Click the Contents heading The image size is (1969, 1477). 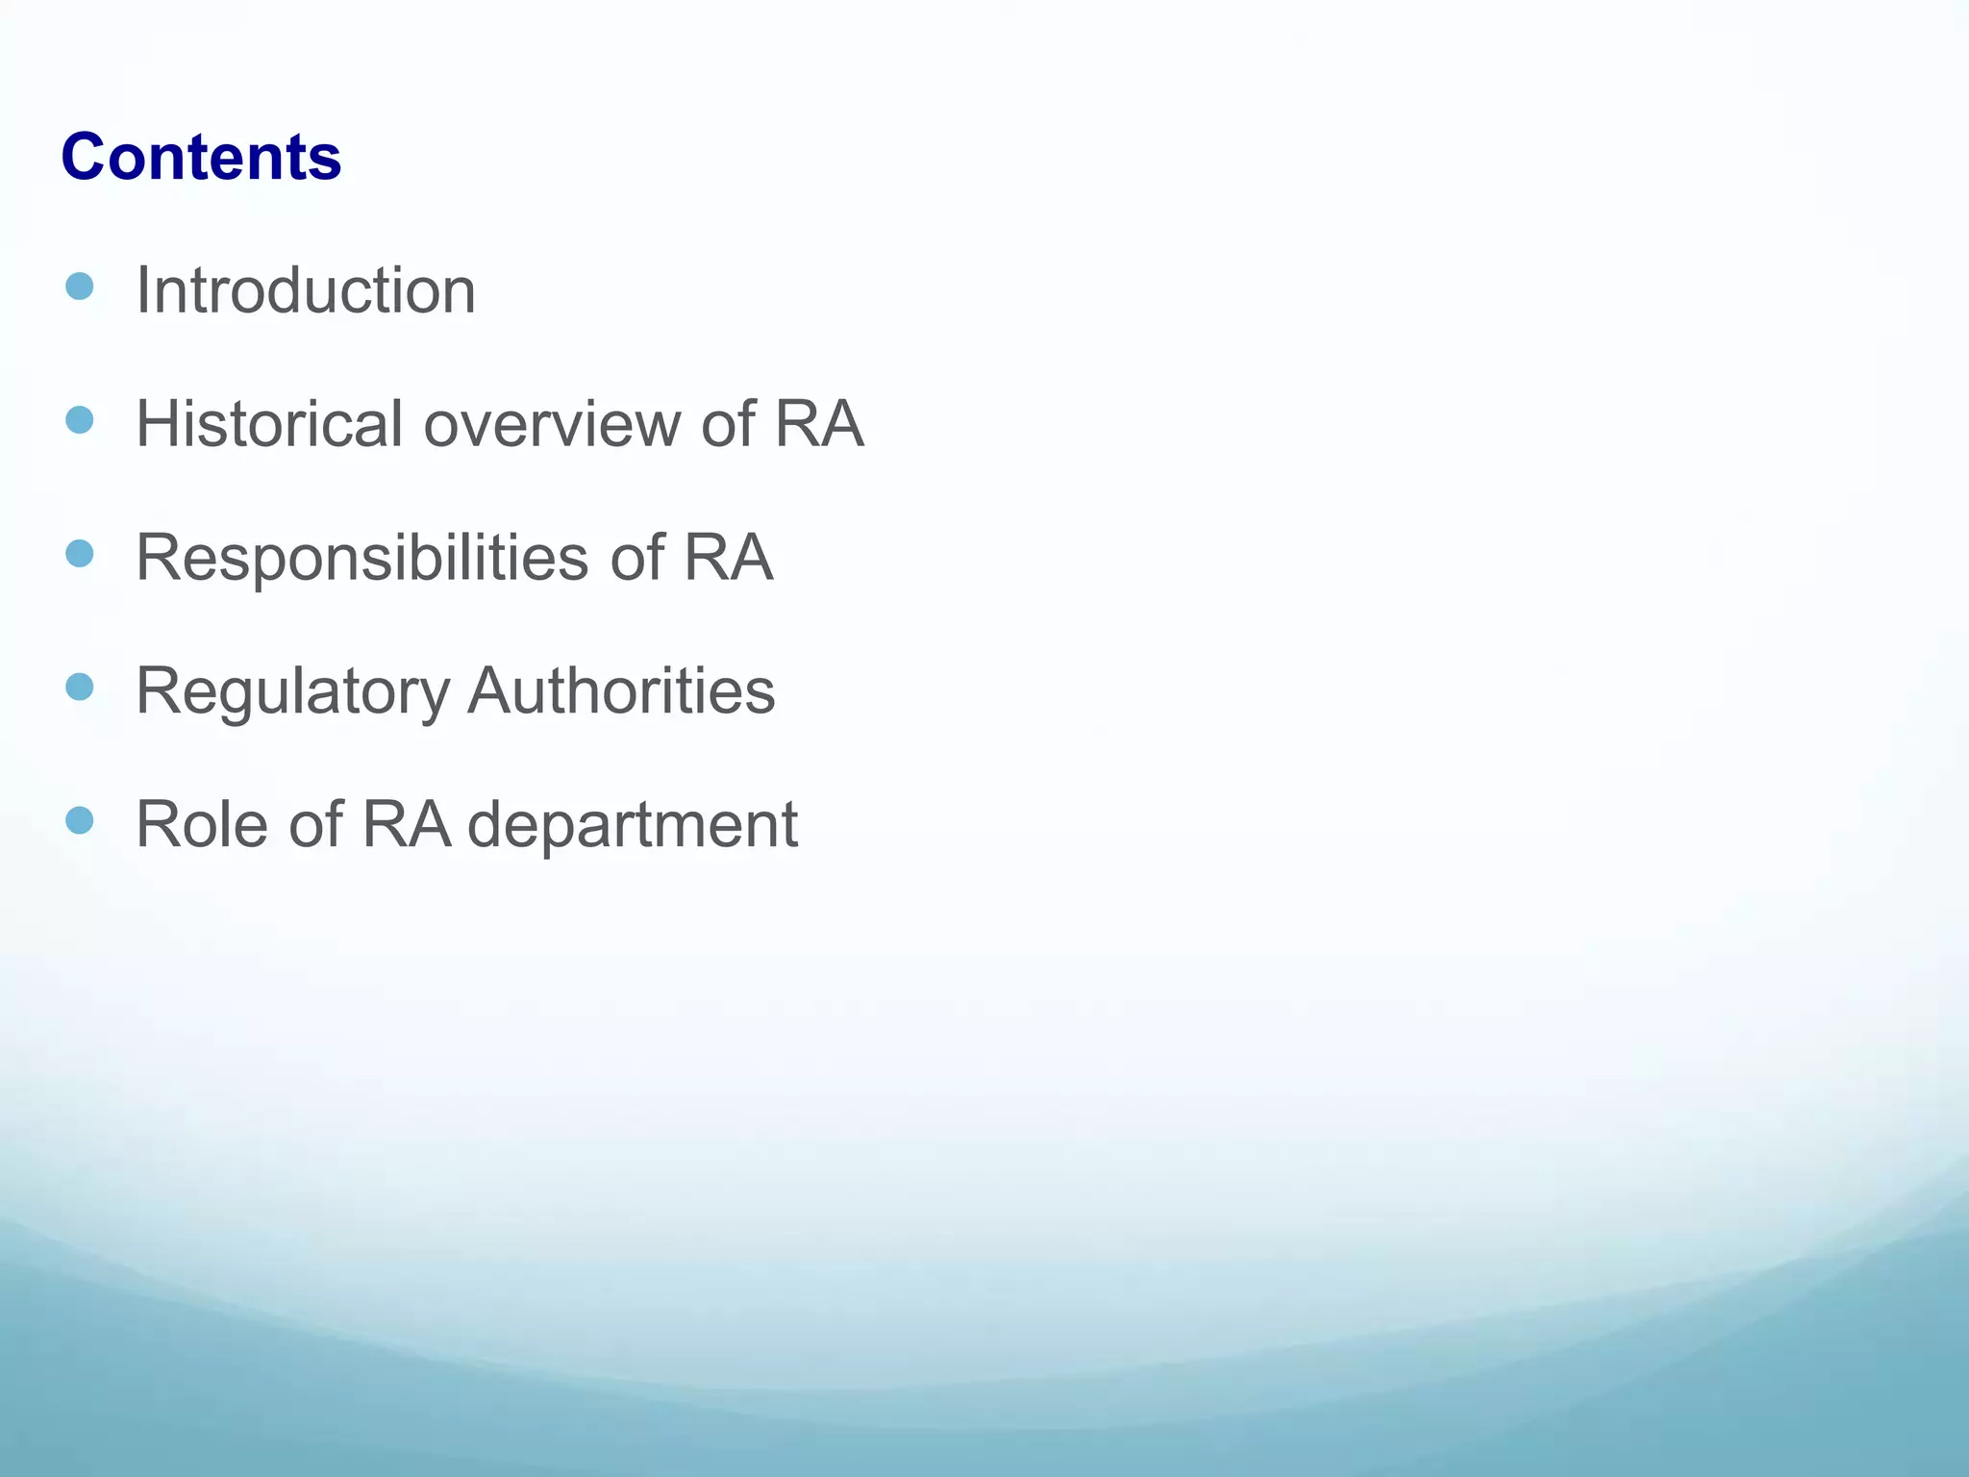point(201,157)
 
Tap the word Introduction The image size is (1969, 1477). point(306,289)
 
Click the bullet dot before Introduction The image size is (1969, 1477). point(80,287)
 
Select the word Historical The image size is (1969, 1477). point(269,423)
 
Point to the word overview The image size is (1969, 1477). point(551,423)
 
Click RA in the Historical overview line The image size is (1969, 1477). point(818,423)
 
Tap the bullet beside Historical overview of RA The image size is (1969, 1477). point(80,420)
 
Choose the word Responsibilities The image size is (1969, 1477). point(361,558)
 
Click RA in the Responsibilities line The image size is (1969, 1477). point(728,558)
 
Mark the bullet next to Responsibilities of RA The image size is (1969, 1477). point(80,554)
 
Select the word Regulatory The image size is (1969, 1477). point(292,691)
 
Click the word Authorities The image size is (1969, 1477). point(621,690)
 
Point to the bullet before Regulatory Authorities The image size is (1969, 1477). point(80,688)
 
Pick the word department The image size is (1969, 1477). point(633,825)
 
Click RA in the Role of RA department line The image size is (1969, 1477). point(406,824)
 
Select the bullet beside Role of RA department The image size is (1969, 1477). point(80,821)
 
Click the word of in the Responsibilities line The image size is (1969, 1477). point(636,558)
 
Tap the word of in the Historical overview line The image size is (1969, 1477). point(727,423)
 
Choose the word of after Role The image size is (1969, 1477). point(314,824)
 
